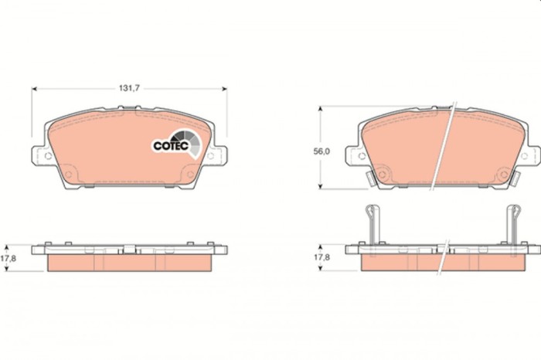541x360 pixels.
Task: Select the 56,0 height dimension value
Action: click(322, 151)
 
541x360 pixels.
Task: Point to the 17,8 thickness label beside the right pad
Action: click(322, 259)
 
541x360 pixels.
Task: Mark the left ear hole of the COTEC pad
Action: click(48, 155)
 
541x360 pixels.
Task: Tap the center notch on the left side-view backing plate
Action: click(129, 249)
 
